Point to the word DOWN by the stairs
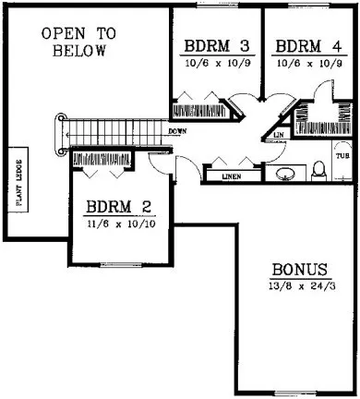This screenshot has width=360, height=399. tap(179, 131)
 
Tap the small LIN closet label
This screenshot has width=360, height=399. tap(280, 136)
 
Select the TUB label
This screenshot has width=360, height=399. tap(342, 157)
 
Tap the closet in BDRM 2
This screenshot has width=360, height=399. tap(102, 161)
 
